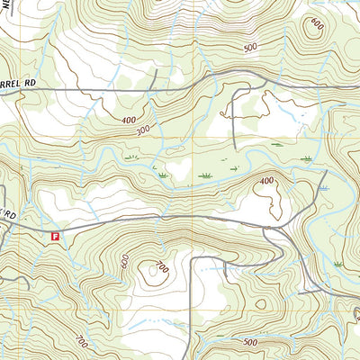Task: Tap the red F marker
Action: [56, 237]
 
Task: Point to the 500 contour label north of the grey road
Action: [249, 47]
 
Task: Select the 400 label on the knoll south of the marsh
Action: [266, 182]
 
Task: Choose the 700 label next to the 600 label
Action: [162, 266]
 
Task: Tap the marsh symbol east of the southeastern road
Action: [337, 263]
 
